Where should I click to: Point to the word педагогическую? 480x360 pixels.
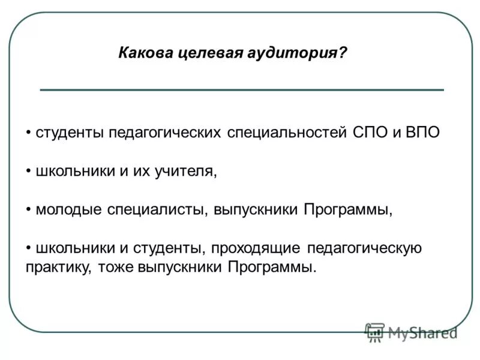tap(365, 249)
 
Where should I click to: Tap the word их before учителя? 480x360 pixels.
tap(141, 171)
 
